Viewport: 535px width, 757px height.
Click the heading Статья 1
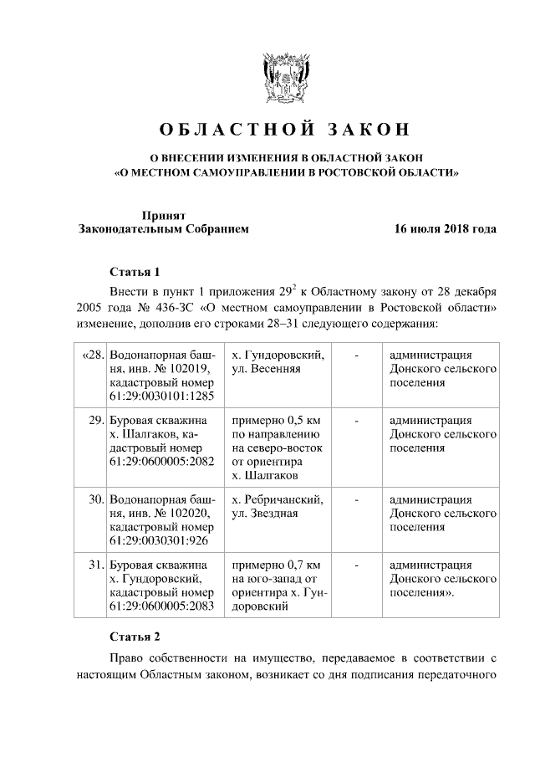(134, 272)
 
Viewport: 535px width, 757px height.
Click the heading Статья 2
(134, 637)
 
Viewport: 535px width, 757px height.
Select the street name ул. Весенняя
(266, 368)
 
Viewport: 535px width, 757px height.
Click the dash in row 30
(357, 499)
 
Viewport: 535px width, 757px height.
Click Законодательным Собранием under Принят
(163, 228)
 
